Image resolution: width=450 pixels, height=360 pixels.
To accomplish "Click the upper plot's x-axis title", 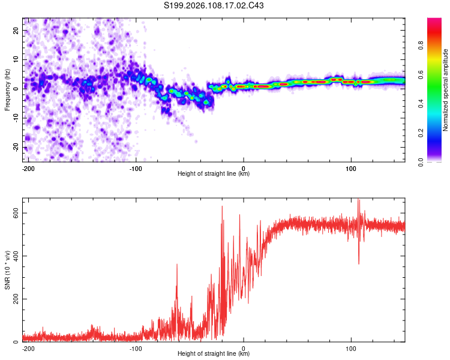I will (x=214, y=174).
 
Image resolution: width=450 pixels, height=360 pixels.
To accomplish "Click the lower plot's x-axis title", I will (x=214, y=354).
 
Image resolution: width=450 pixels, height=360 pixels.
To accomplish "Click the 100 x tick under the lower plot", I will (x=351, y=347).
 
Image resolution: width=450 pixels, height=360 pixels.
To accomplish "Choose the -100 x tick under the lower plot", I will (x=136, y=347).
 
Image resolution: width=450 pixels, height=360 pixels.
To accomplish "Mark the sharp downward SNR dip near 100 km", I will (x=359, y=263).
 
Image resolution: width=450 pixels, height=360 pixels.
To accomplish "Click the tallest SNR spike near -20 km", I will (x=222, y=206).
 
